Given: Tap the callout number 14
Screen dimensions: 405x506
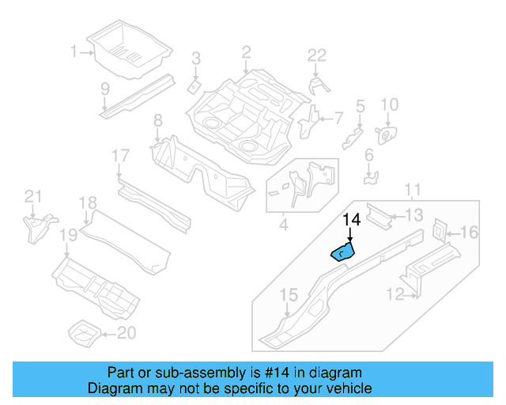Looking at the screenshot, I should [x=351, y=221].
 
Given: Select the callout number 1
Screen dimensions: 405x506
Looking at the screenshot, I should [x=74, y=52].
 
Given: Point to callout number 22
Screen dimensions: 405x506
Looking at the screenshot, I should [x=316, y=55].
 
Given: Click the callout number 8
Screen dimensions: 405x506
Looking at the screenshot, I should [x=157, y=121].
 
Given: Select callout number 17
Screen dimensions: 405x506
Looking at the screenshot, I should [x=119, y=156].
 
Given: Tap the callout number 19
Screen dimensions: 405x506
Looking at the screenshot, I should [x=68, y=235].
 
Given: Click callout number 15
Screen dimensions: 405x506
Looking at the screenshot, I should [x=289, y=296].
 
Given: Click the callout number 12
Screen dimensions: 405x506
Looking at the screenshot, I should [x=394, y=296].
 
